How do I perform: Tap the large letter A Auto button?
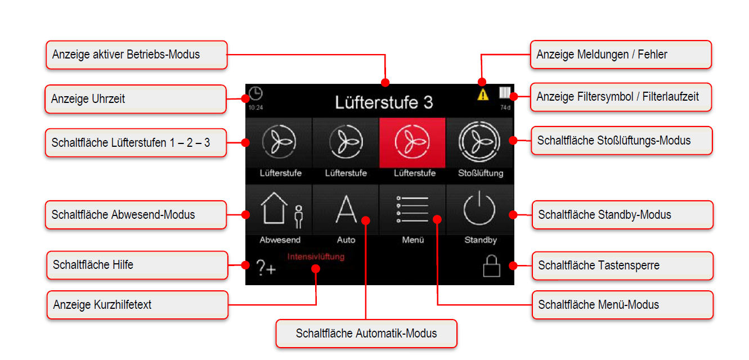[346, 210]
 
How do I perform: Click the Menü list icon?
[412, 210]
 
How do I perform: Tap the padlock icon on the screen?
[491, 266]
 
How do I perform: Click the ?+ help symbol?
[266, 268]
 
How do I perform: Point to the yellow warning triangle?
[483, 94]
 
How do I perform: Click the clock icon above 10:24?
[255, 93]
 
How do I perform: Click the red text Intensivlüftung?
[316, 257]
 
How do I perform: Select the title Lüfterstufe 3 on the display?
[384, 102]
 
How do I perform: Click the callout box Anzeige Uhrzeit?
[135, 99]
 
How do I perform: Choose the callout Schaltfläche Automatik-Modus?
[366, 334]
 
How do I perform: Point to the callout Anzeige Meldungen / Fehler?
[621, 55]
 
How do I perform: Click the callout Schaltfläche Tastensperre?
[622, 265]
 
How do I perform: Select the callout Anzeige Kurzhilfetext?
[137, 305]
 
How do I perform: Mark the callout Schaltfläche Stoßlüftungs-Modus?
[622, 141]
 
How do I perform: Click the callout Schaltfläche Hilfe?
[137, 265]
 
